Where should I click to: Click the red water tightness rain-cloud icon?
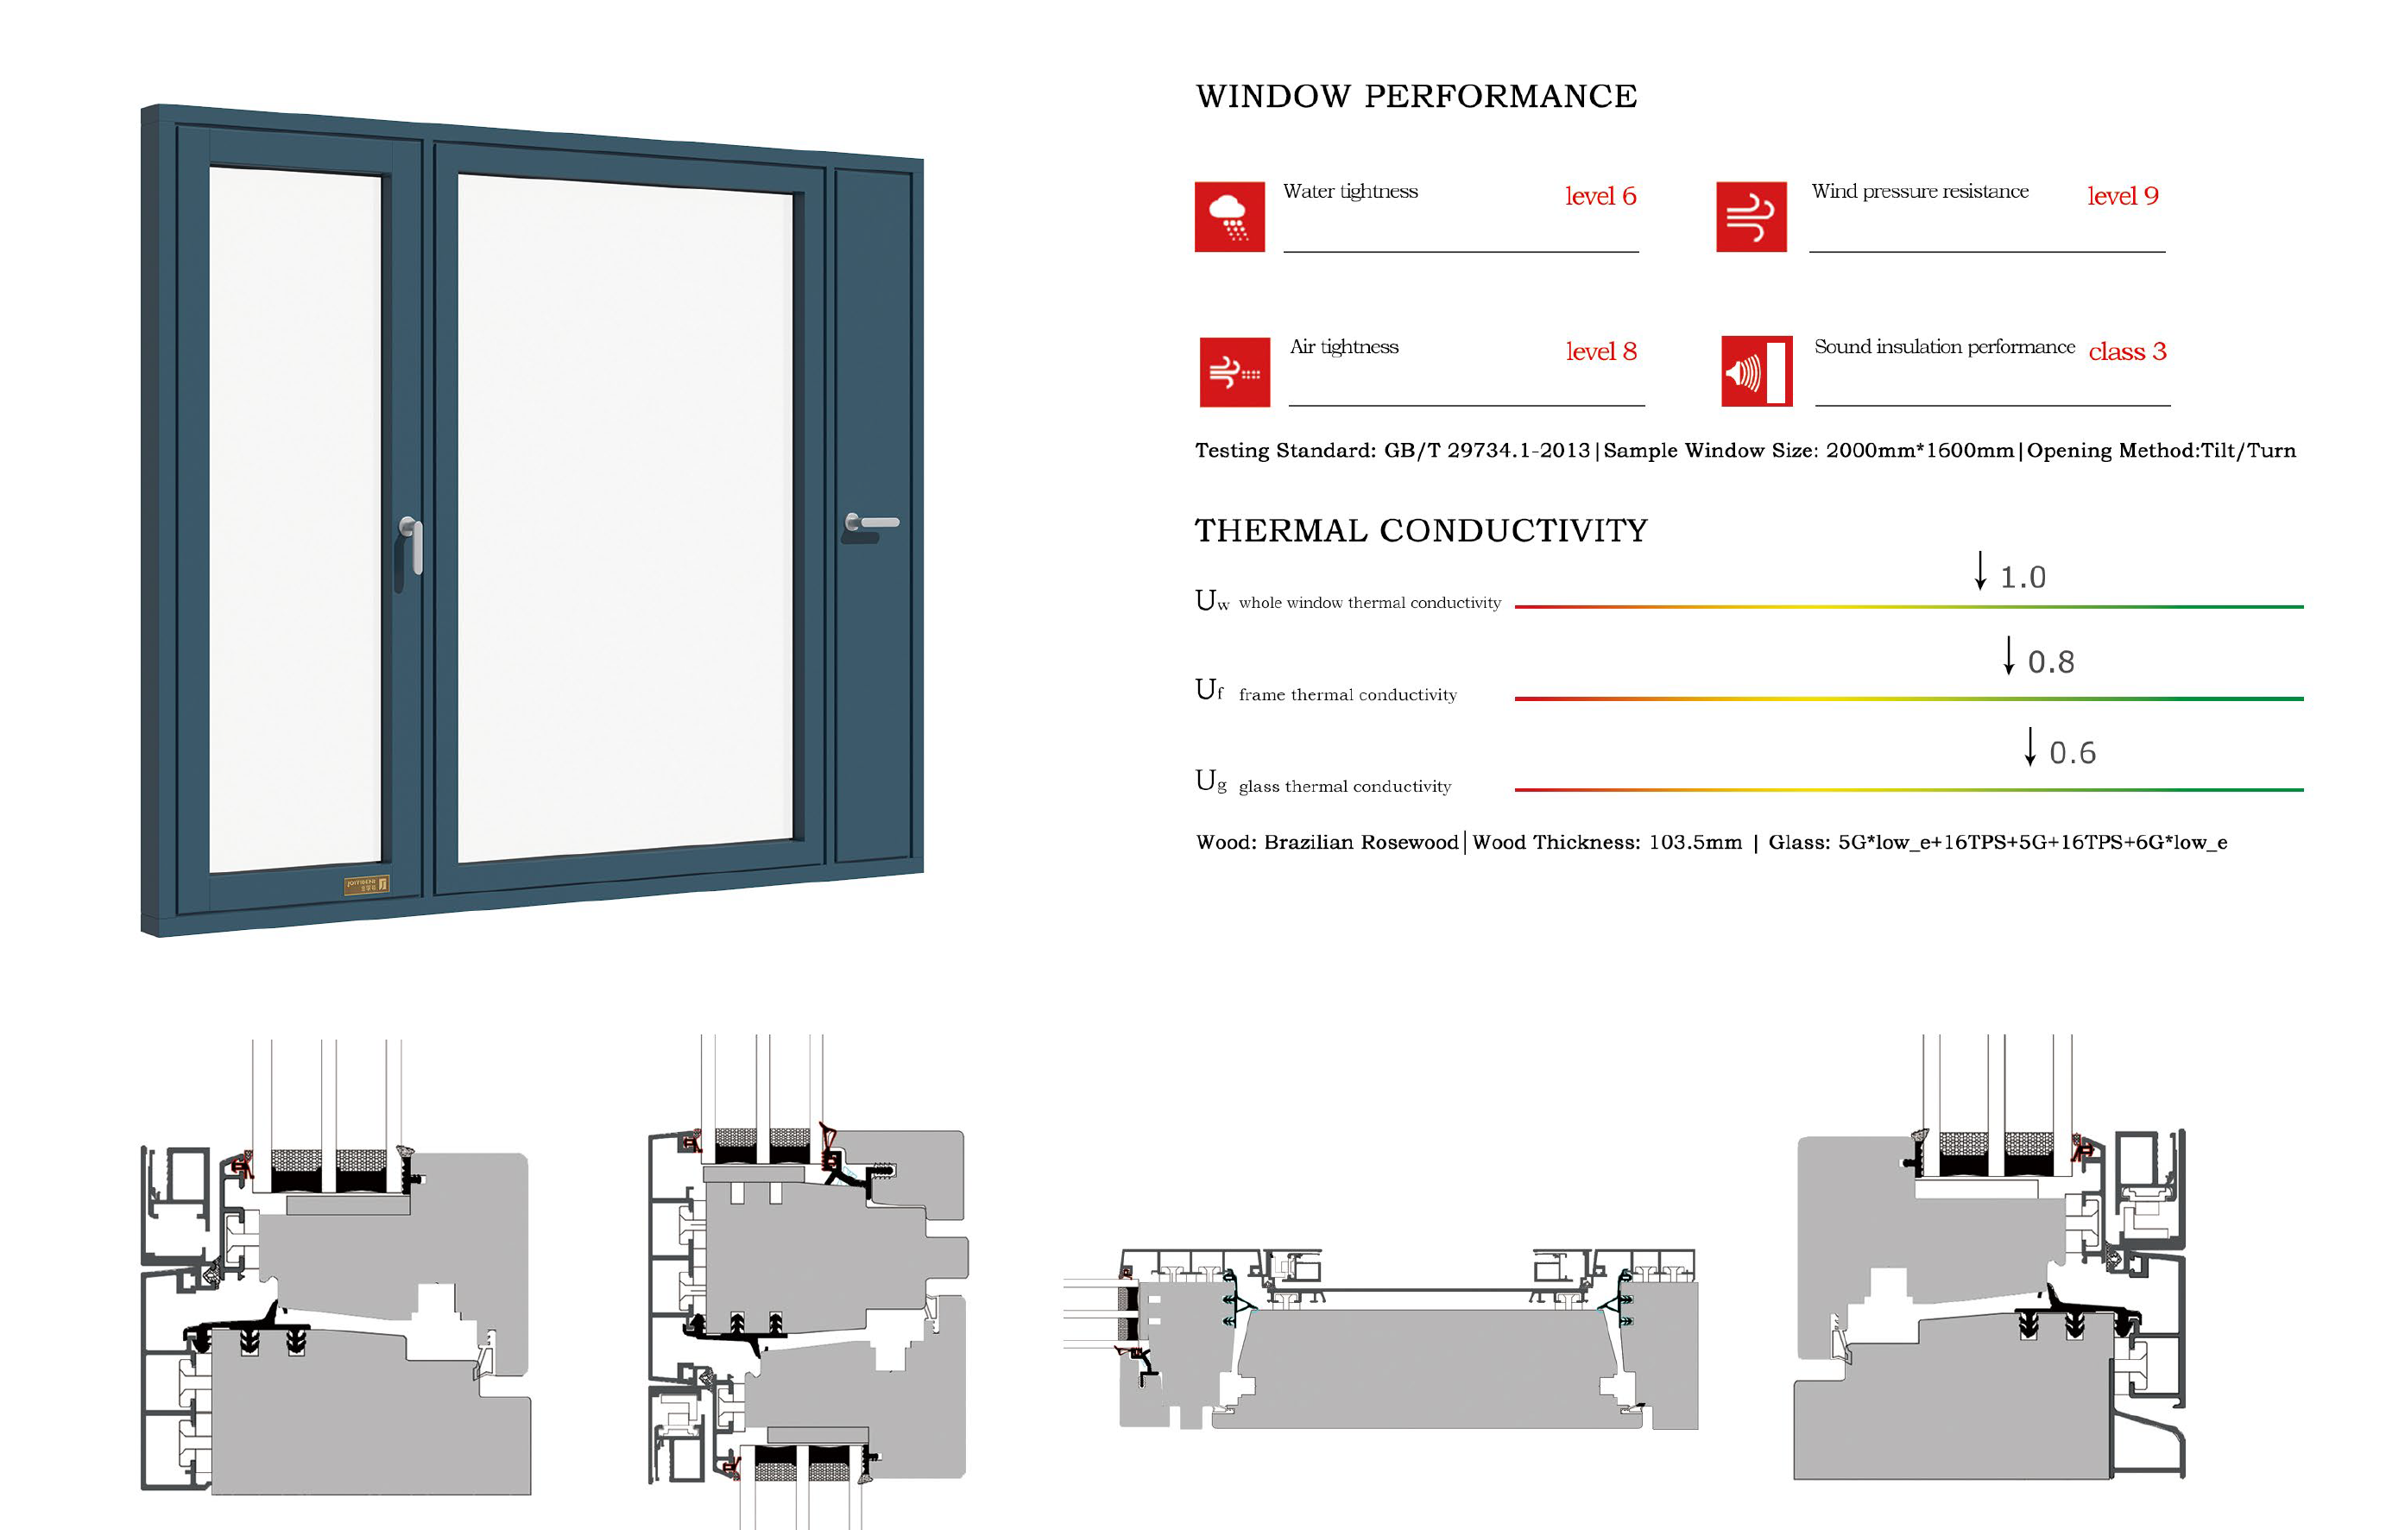pos(1229,217)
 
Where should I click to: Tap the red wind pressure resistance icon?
pos(1751,217)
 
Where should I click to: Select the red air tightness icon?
pos(1234,371)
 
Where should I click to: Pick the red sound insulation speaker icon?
pos(1756,371)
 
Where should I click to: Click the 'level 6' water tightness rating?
pos(1600,196)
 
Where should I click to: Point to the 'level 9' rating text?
pos(2123,196)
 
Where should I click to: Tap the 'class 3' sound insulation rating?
pos(2127,351)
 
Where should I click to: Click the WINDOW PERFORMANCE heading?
pos(1417,97)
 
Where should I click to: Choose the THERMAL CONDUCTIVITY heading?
pos(1421,530)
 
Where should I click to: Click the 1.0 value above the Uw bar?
pos(2023,578)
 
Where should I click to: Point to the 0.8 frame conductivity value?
pos(2050,662)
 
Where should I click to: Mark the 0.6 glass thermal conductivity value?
pos(2073,753)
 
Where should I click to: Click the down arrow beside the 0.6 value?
pos(2029,747)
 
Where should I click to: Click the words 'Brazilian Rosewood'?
pos(1360,842)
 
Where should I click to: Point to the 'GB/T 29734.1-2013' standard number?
pos(1487,451)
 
